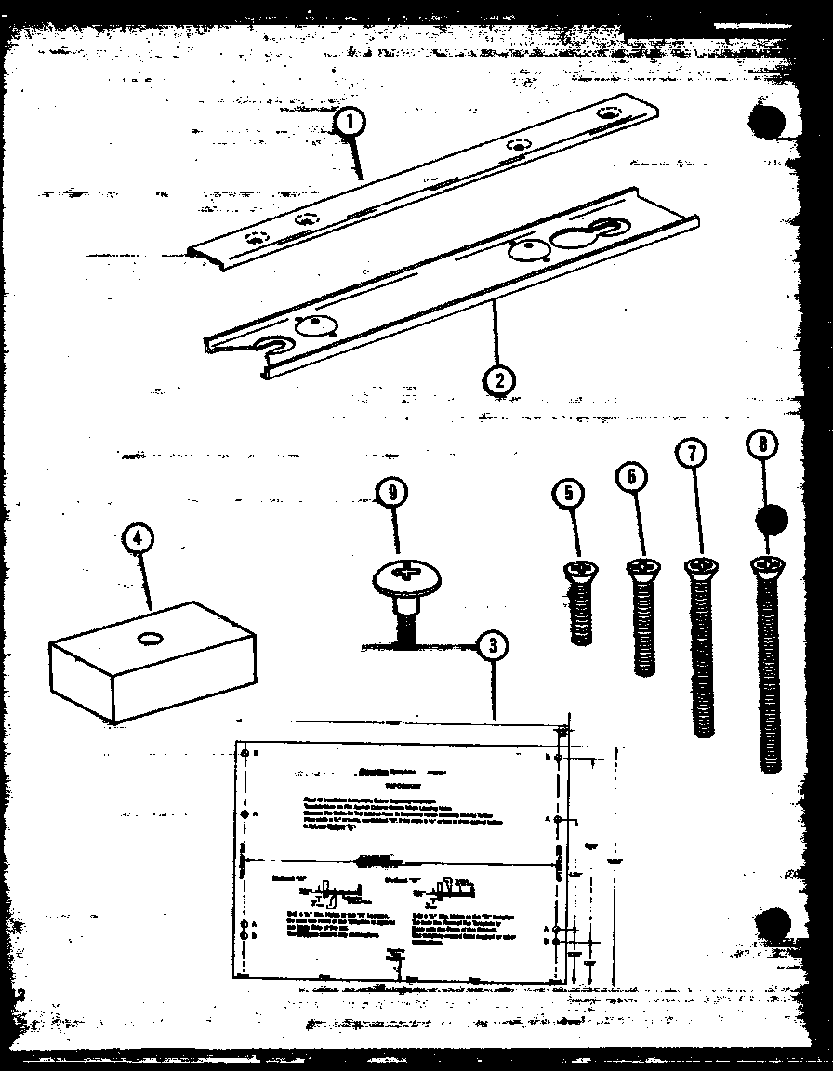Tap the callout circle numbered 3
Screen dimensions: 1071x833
[x=493, y=644]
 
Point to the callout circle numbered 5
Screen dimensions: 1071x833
[x=568, y=494]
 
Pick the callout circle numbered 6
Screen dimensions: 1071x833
[x=631, y=476]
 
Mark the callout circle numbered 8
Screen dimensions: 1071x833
[x=763, y=444]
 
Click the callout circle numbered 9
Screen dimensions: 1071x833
[x=392, y=494]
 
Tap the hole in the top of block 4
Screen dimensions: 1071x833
[x=150, y=639]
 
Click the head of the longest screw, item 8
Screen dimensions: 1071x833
[x=767, y=563]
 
